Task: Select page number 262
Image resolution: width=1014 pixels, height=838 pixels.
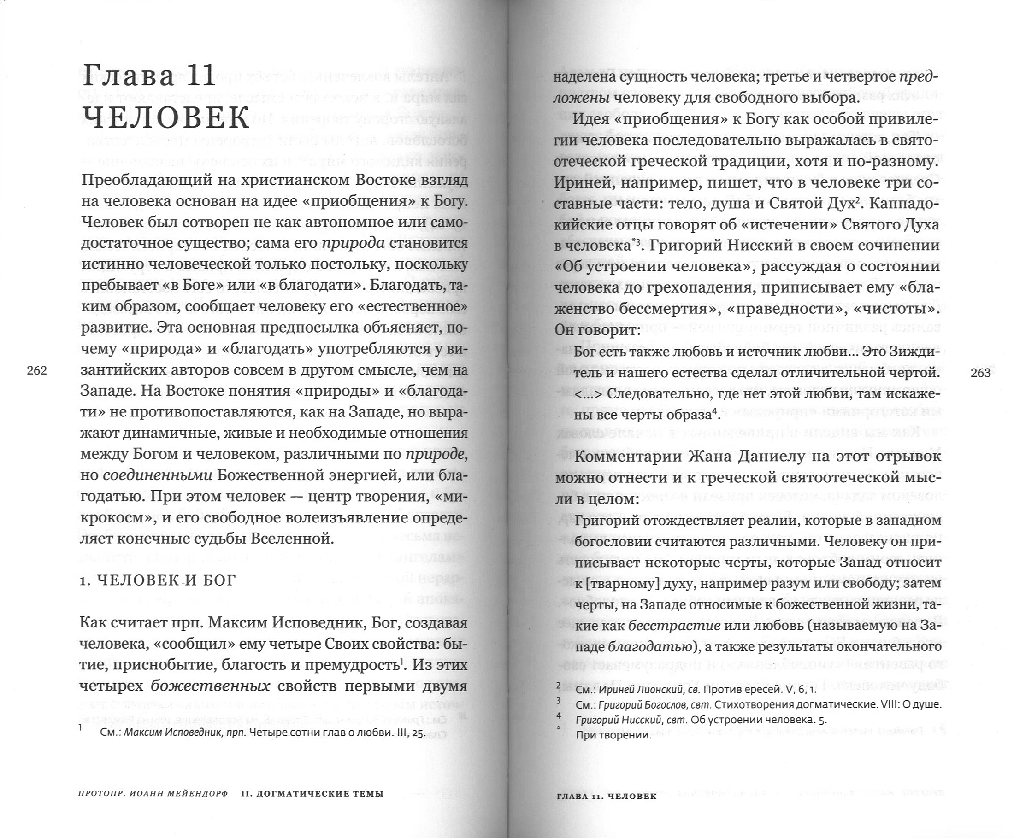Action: coord(37,371)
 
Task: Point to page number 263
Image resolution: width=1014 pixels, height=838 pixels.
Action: coord(980,373)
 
